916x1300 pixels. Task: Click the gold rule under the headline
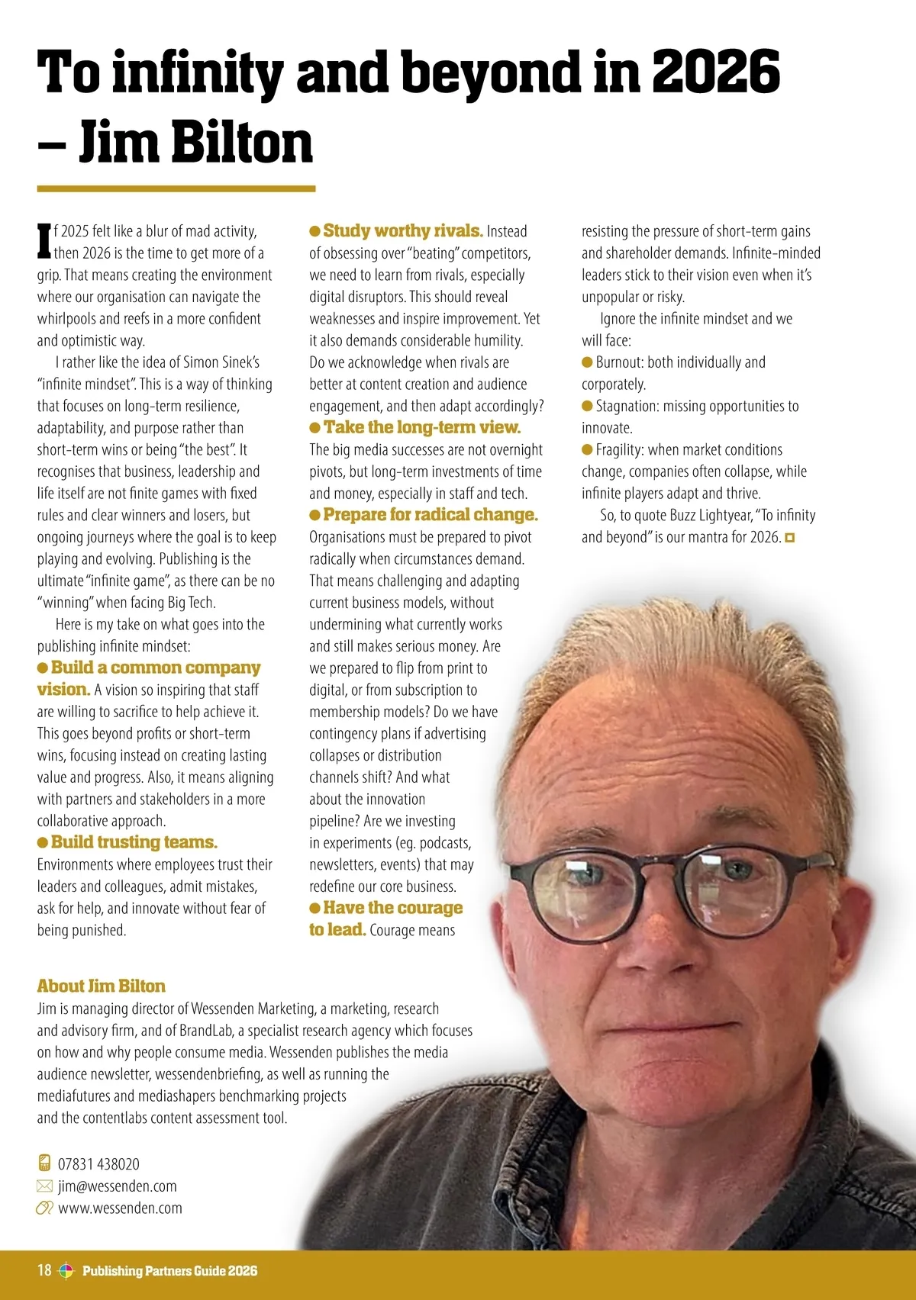176,188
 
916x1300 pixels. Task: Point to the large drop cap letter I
44,242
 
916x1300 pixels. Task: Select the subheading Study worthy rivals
402,230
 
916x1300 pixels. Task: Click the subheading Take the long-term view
421,427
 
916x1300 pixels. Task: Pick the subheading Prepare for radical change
430,515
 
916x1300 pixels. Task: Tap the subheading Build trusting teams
134,842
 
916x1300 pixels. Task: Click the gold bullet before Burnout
587,362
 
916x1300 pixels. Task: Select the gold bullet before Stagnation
587,406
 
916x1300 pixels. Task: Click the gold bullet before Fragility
587,450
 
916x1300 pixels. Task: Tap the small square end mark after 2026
790,538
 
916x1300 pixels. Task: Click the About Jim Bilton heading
102,986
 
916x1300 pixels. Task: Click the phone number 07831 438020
98,1164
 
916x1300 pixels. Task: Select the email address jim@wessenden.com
117,1186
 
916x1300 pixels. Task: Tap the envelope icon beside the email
44,1186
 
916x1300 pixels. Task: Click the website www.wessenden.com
120,1208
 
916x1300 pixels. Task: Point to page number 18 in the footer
44,1270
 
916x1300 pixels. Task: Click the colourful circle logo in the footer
66,1270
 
